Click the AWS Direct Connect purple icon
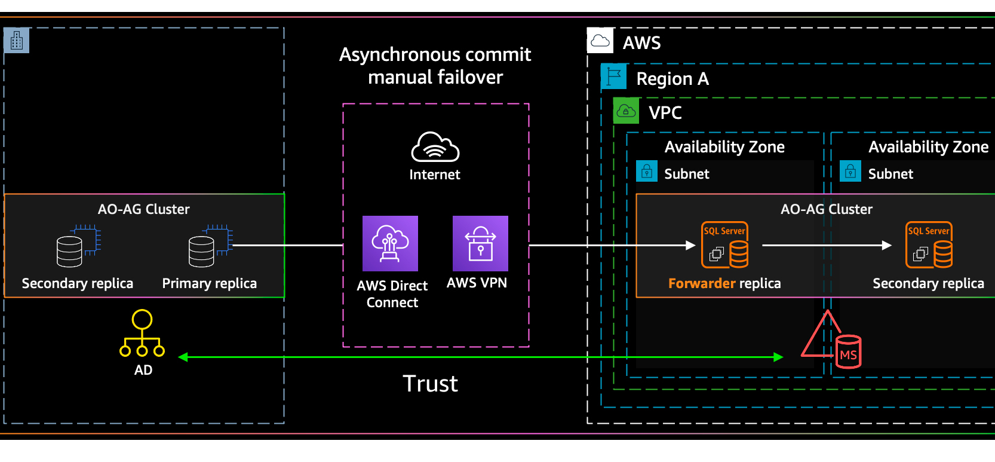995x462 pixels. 390,243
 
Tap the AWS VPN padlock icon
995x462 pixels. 480,243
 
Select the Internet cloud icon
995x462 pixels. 435,147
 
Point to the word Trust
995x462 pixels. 430,384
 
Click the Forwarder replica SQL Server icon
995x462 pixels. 724,245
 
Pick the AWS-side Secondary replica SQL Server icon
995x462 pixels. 929,245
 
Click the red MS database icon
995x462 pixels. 848,352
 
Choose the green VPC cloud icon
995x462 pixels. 626,111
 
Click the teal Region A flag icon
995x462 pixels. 613,77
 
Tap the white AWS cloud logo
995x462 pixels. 600,41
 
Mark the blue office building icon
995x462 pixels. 17,41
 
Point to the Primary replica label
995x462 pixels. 210,283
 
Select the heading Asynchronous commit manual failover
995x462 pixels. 435,66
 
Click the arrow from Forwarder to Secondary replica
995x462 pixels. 827,245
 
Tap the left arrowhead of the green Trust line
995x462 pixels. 183,357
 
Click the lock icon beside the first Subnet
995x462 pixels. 647,172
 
